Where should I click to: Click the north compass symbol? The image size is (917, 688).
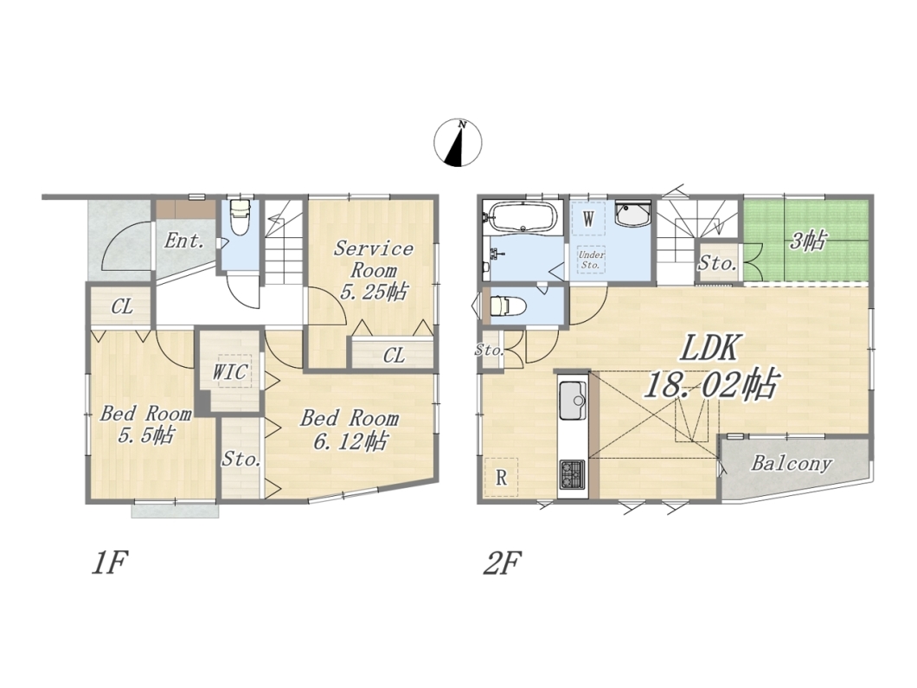[458, 143]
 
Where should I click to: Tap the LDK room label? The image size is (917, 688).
[709, 349]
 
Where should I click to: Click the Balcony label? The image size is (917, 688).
[792, 464]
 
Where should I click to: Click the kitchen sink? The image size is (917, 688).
[573, 401]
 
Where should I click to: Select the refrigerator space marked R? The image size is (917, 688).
[501, 478]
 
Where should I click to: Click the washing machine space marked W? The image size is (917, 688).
[588, 219]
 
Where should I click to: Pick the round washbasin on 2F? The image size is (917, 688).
[632, 215]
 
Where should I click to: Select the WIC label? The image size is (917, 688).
[229, 371]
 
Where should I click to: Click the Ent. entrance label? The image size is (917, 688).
[183, 241]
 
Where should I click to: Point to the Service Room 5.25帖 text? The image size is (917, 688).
[373, 270]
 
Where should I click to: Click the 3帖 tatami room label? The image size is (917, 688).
[808, 240]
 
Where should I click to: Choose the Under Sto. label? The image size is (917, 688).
[591, 260]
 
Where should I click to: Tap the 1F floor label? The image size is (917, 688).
[109, 563]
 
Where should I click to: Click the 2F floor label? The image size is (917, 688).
[502, 563]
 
